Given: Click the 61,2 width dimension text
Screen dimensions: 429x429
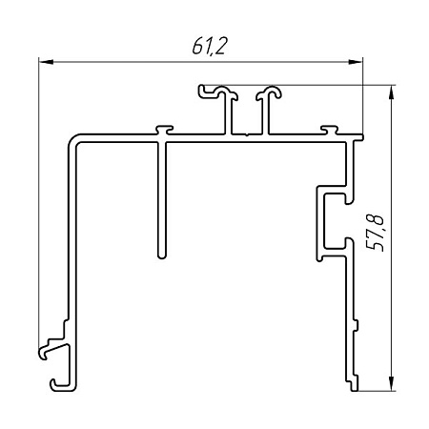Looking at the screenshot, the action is point(210,47).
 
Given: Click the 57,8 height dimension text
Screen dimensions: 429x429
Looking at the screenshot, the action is point(375,233).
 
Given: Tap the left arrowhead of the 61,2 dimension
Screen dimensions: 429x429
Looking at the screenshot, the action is point(46,62).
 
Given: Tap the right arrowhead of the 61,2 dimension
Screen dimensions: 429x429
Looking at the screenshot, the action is point(356,62).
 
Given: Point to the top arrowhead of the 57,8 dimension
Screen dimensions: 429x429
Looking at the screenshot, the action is point(392,92).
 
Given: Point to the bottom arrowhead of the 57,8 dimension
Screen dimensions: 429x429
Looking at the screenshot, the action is point(392,383).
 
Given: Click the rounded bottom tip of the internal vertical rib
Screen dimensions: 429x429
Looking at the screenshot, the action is point(162,256).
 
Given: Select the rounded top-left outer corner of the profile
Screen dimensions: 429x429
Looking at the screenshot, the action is point(72,138).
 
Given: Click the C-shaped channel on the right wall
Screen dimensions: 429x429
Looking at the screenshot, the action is point(335,222).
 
